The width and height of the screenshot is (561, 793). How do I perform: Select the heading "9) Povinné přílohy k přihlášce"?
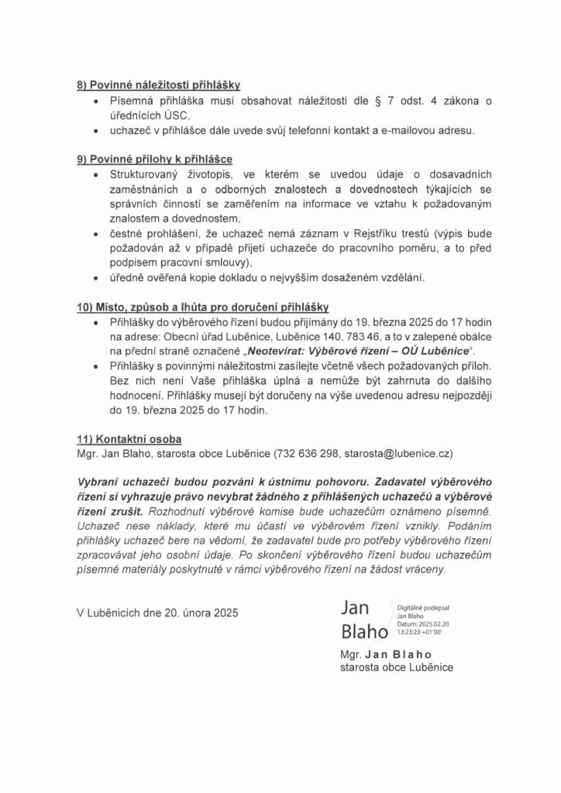coord(160,159)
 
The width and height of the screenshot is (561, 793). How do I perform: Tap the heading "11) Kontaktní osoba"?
coord(129,438)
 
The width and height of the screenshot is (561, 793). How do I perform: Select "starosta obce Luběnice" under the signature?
coord(397,667)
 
